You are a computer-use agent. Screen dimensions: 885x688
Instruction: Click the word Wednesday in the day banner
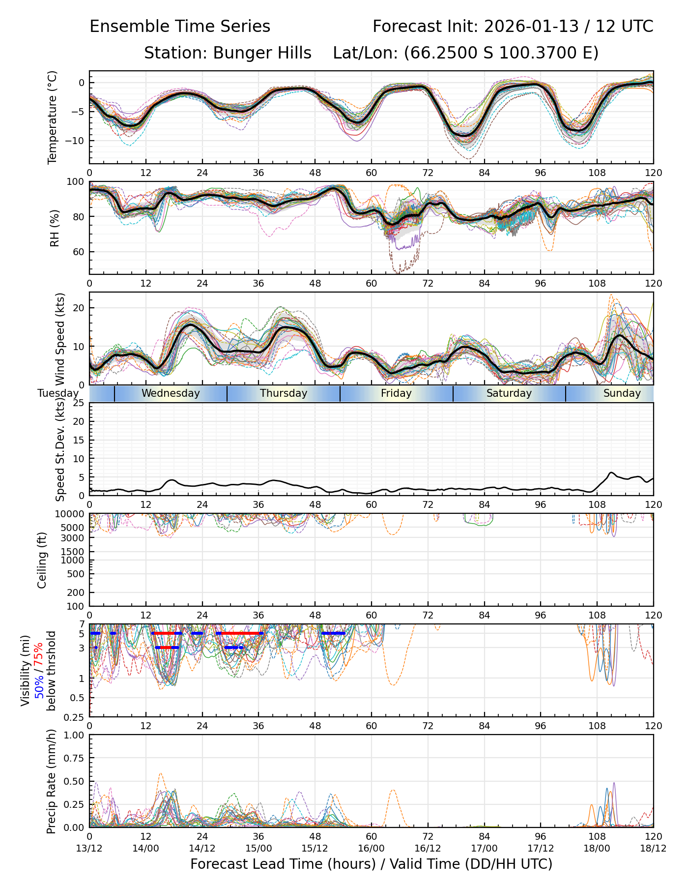click(171, 393)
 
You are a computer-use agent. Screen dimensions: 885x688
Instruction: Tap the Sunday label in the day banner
click(622, 393)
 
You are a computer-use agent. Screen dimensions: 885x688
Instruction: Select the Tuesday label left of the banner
click(58, 393)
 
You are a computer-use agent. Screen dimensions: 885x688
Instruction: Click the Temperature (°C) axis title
click(53, 117)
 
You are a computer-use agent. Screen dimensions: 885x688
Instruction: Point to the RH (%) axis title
click(55, 228)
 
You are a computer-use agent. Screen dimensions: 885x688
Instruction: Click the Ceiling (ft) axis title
click(42, 560)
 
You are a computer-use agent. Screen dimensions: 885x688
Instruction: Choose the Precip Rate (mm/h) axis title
click(51, 781)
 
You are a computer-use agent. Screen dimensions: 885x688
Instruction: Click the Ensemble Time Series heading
click(180, 27)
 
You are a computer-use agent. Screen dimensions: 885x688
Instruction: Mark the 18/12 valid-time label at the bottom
click(653, 848)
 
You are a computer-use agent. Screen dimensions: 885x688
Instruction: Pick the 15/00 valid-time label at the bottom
click(258, 848)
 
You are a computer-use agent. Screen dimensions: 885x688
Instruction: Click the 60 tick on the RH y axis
click(79, 252)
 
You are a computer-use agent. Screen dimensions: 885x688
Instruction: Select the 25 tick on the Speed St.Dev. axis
click(79, 403)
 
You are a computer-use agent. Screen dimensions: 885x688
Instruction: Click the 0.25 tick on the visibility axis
click(76, 716)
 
